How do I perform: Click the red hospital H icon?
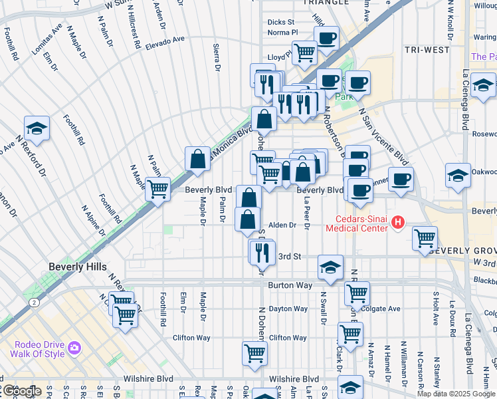point(398,222)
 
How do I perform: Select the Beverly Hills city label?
point(77,267)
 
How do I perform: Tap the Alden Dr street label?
point(282,225)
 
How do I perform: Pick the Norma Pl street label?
point(282,32)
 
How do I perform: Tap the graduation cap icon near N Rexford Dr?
point(37,130)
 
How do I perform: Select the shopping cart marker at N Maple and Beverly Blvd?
point(157,189)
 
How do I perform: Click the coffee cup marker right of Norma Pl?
point(326,39)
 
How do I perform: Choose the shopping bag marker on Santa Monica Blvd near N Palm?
point(197,160)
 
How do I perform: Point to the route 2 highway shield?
point(33,302)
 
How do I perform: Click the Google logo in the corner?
point(21,391)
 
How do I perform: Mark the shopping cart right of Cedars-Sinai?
point(425,238)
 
